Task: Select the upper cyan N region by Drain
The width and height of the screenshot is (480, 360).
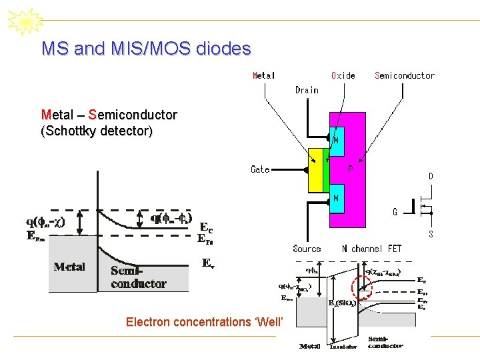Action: coord(337,141)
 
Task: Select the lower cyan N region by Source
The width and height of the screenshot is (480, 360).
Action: coord(337,199)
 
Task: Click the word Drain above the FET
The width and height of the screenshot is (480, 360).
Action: coord(307,90)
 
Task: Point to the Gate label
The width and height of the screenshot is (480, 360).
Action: coord(260,169)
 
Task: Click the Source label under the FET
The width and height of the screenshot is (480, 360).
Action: coord(307,249)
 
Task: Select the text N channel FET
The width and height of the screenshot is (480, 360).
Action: coord(372,249)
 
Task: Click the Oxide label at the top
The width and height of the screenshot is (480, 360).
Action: coord(343,75)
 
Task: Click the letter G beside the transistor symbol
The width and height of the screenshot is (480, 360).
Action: coord(395,212)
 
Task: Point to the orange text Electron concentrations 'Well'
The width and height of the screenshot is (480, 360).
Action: coord(205,322)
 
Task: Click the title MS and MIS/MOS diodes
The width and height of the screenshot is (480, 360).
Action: coord(146,49)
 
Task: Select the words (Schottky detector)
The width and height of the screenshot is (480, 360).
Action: coord(96,131)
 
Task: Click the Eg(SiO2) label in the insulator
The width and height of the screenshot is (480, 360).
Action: coord(341,303)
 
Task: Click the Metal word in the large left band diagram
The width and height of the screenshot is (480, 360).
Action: coord(69,267)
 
